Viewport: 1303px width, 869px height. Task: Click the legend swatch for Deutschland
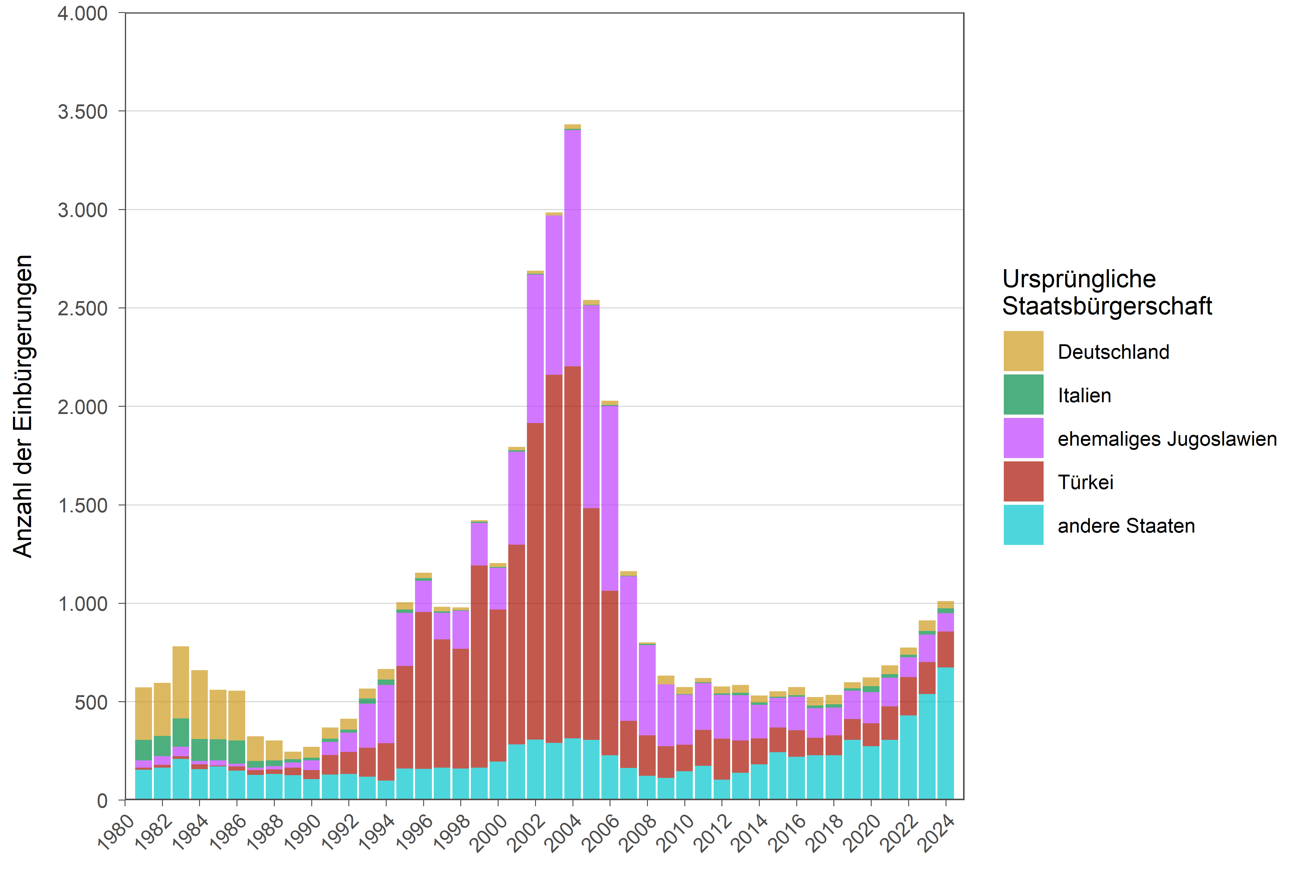(1023, 351)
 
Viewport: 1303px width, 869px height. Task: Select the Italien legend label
(1084, 396)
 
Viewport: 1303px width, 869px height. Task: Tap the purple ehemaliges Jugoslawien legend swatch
(1023, 438)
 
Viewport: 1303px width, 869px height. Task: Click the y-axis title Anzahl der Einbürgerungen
(23, 406)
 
